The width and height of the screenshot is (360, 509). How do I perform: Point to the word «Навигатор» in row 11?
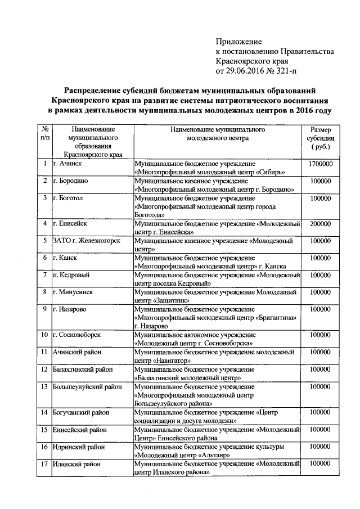click(x=171, y=360)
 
